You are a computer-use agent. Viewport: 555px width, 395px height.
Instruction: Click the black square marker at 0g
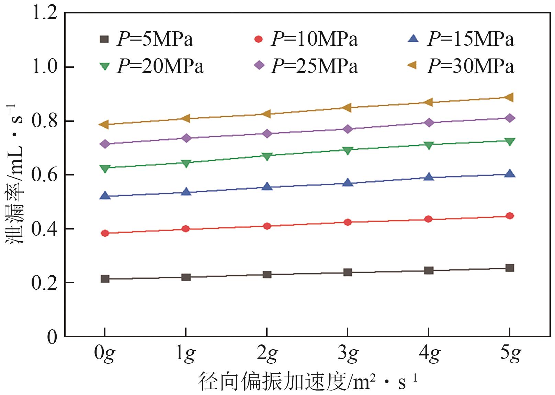(105, 279)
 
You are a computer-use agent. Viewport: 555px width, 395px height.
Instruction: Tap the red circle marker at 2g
(267, 226)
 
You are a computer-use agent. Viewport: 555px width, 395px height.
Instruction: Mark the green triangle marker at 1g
(186, 163)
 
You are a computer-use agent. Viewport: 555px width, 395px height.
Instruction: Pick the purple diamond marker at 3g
(348, 129)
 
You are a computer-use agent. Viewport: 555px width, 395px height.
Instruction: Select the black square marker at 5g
(510, 268)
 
